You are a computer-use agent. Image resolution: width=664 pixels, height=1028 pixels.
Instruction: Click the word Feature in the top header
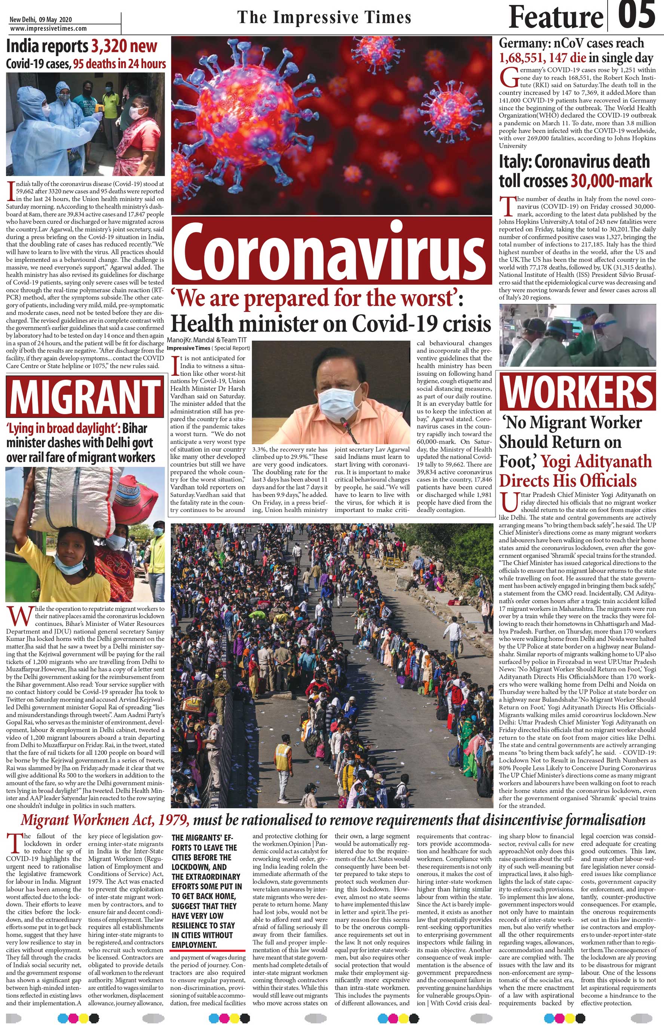click(x=556, y=17)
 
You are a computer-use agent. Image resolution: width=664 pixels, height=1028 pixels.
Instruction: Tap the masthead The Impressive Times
click(x=324, y=18)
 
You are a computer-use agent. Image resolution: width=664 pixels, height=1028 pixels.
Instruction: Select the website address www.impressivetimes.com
click(x=48, y=28)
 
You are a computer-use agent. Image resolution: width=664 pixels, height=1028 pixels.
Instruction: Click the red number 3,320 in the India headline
click(x=124, y=46)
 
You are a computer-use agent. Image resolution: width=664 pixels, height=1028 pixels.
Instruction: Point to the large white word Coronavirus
click(x=331, y=252)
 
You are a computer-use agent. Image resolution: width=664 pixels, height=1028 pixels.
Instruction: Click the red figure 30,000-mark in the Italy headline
click(x=611, y=181)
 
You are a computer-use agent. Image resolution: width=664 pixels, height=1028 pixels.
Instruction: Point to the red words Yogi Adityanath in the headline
click(x=596, y=461)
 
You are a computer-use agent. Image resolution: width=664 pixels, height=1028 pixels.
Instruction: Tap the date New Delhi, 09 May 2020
click(x=41, y=20)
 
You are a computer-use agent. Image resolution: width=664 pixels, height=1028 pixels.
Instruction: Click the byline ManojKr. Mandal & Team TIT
click(x=206, y=340)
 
